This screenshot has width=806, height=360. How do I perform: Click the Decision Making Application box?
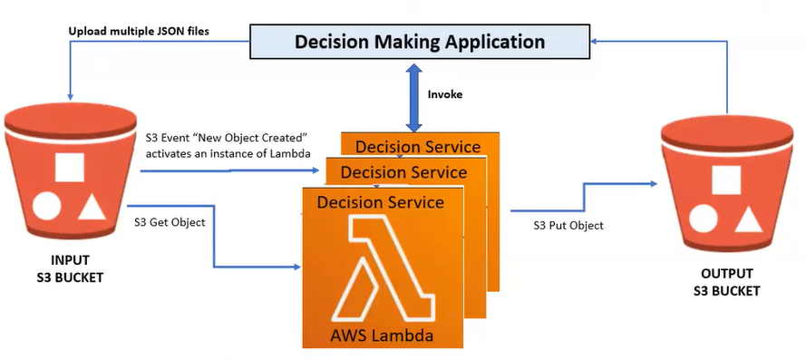420,41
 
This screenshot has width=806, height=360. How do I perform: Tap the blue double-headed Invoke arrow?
413,97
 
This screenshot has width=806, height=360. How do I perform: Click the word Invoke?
445,94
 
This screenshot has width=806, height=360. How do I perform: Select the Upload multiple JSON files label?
139,31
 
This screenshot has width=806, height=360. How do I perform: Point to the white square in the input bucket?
70,167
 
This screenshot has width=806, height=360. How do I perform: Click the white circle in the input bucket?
47,206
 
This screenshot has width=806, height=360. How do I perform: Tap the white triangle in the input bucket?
92,207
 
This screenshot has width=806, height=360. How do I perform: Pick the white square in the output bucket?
726,180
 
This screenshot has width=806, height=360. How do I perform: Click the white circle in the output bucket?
704,219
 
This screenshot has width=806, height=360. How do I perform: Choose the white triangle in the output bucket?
749,219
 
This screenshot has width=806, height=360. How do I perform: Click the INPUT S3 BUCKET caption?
70,268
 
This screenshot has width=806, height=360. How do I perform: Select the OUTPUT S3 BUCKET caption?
727,282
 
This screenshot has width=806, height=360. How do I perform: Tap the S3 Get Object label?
170,223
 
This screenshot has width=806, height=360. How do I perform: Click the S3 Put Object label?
568,225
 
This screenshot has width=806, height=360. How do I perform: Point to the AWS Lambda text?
382,336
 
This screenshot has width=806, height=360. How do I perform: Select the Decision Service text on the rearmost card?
418,147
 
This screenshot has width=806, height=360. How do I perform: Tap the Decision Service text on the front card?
381,202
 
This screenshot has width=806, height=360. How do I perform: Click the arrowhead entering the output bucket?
655,183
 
